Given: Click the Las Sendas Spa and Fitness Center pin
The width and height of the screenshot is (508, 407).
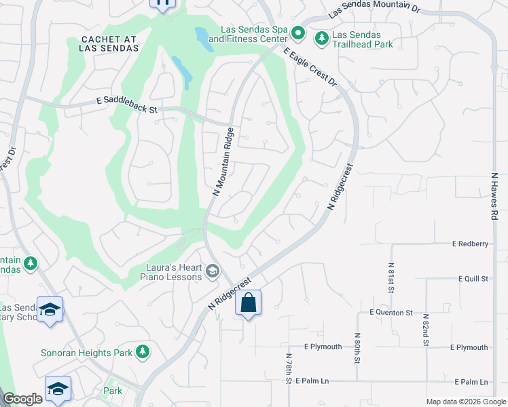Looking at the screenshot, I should [x=297, y=33].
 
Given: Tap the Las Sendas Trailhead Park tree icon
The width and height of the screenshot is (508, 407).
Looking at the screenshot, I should [x=322, y=39].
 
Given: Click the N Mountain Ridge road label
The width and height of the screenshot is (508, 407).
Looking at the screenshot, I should [x=223, y=161].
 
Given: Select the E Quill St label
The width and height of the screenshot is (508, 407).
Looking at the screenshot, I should [x=473, y=279].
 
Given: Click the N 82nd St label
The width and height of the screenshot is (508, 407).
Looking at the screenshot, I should [x=426, y=330].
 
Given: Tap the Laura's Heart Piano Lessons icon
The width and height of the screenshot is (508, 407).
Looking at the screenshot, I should [x=212, y=272].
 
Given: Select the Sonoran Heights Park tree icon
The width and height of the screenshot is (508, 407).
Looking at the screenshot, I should [x=142, y=351].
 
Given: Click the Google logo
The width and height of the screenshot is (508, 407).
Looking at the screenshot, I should [x=22, y=400].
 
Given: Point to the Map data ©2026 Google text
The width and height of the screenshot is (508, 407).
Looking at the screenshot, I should [x=465, y=402].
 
